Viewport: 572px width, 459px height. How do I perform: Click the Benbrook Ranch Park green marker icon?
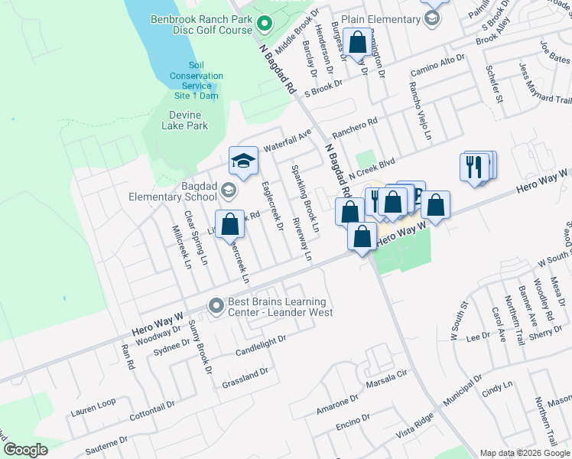point(264,24)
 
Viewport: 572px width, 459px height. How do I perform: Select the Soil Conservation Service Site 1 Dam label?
point(197,80)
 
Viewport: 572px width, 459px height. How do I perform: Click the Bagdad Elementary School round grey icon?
point(228,190)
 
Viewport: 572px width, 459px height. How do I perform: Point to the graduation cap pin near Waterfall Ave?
point(242,161)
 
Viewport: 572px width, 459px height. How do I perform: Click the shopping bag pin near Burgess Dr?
point(357,42)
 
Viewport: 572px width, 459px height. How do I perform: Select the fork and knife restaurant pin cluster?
point(477,166)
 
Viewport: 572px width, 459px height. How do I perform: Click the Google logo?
point(26,449)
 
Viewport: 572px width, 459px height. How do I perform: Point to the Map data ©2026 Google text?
point(525,453)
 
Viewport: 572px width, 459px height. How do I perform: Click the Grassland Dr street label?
point(245,376)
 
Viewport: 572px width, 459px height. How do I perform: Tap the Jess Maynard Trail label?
point(544,85)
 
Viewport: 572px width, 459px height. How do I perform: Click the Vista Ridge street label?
point(414,425)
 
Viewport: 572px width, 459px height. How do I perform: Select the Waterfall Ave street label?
point(288,138)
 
